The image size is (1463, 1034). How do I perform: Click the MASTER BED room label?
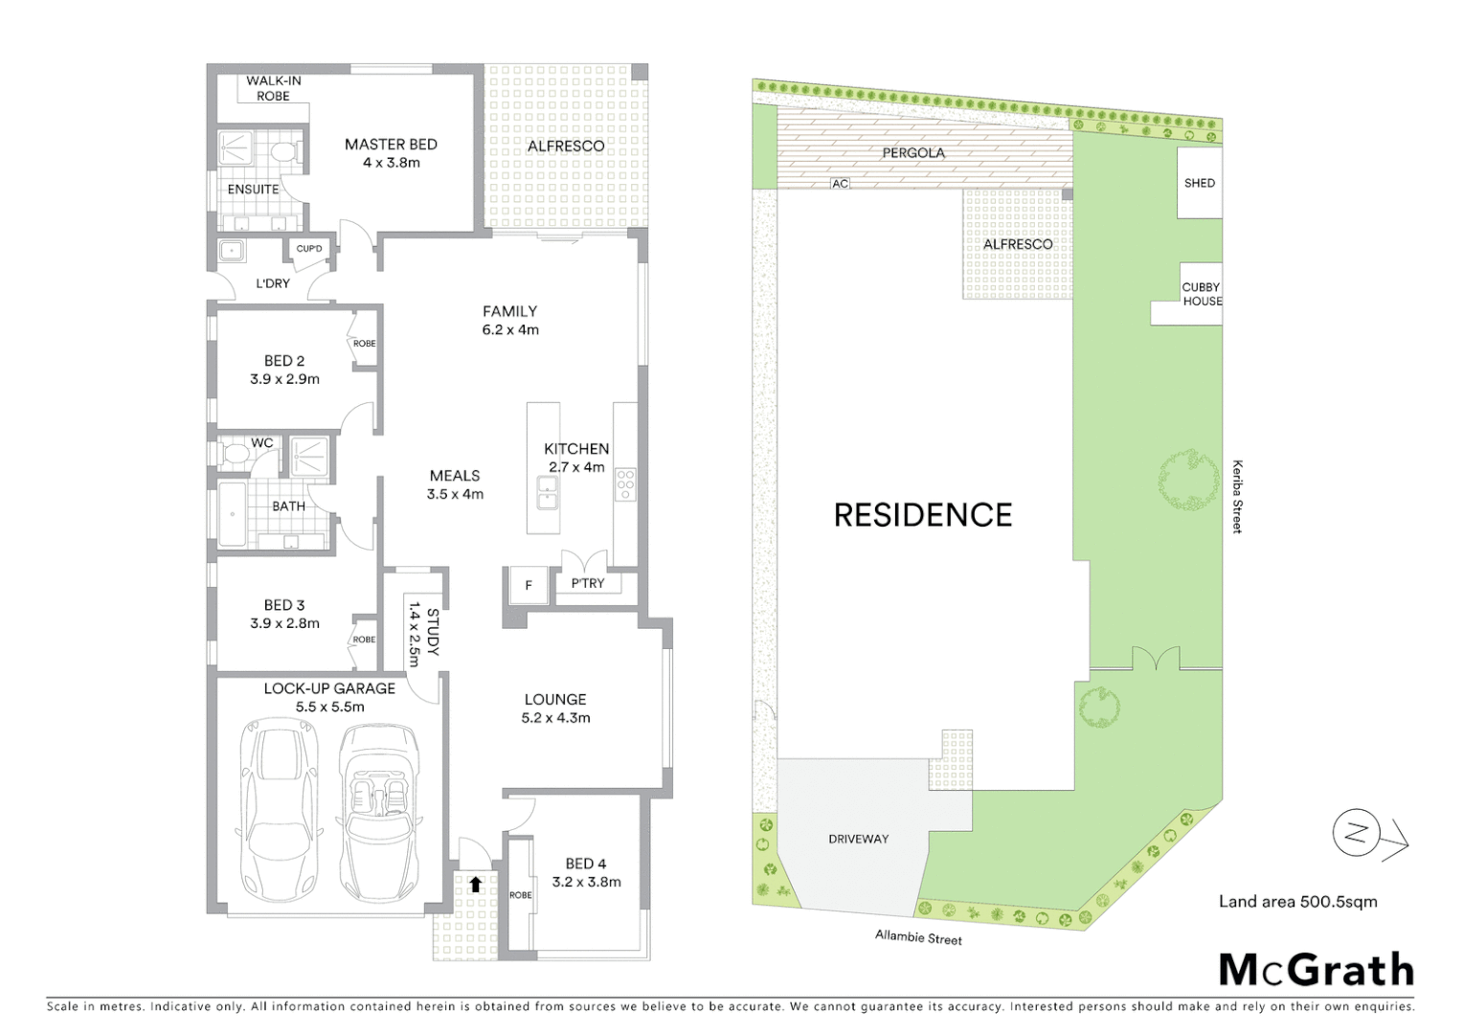point(391,145)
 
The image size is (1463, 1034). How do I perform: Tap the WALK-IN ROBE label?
point(273,88)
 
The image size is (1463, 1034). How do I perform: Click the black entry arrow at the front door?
point(475,885)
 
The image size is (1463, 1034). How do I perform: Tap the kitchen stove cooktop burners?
point(625,484)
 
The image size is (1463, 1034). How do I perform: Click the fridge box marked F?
point(528,585)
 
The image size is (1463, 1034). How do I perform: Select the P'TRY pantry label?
point(588,583)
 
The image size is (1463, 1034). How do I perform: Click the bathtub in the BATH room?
point(232,514)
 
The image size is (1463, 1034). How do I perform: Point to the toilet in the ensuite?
point(283,151)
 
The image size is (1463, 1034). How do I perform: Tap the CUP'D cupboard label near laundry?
point(309,249)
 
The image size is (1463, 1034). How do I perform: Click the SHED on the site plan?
point(1199,183)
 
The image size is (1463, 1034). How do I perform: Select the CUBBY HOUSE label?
point(1201,294)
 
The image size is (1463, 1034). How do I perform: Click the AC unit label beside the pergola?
point(840,184)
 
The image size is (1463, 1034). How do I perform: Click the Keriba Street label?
point(1237,497)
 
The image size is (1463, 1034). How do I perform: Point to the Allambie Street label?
point(918,937)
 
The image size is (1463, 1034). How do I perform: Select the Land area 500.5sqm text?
point(1297,902)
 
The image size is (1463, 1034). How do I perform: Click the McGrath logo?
point(1316,970)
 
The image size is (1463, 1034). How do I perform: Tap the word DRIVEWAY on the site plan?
point(858,839)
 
